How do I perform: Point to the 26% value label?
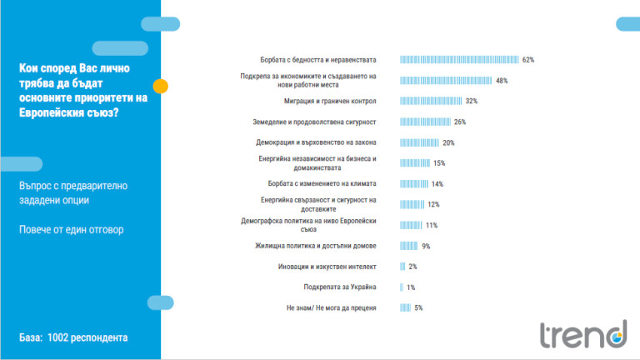pos(460,122)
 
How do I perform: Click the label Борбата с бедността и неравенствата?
pos(319,60)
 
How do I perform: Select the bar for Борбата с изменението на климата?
pos(414,183)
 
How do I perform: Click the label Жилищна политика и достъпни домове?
pos(317,246)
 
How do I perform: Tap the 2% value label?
pos(412,267)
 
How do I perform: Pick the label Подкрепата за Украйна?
pos(342,287)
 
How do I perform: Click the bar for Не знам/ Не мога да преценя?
pos(406,307)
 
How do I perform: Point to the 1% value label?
pos(411,287)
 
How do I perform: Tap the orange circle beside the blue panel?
pos(162,86)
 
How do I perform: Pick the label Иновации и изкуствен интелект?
pos(327,267)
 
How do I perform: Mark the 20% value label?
pos(448,142)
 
